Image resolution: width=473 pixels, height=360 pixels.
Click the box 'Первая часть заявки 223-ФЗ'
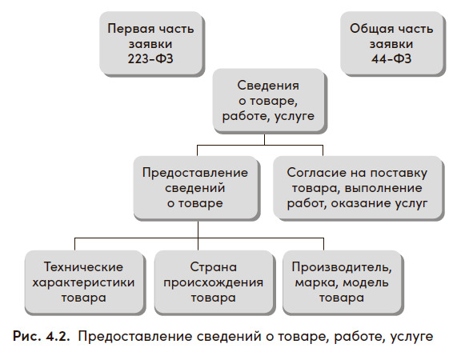[151, 43]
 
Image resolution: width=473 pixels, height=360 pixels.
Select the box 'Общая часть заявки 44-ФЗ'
[392, 43]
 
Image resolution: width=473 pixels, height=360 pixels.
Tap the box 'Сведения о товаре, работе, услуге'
[269, 101]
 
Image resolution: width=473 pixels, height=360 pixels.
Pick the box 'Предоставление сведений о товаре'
[196, 187]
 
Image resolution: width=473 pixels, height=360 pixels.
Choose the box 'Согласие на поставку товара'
[358, 187]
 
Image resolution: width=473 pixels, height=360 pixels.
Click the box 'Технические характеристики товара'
[84, 282]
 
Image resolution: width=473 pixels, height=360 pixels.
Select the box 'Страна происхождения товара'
[214, 282]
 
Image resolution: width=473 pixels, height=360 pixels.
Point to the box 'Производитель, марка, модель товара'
[342, 282]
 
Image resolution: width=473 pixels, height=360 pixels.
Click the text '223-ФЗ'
[150, 58]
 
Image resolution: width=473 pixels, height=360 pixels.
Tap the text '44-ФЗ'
[391, 58]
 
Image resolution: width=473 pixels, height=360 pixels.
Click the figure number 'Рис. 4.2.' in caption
[41, 336]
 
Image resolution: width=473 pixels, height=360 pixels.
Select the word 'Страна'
[214, 267]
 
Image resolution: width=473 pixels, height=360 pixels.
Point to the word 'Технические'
[83, 267]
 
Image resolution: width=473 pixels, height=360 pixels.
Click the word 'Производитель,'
[342, 267]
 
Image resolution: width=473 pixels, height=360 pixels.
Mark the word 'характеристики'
[83, 282]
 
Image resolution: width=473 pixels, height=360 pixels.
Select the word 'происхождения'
[213, 282]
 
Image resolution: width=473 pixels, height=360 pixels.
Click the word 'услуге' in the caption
[411, 337]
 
